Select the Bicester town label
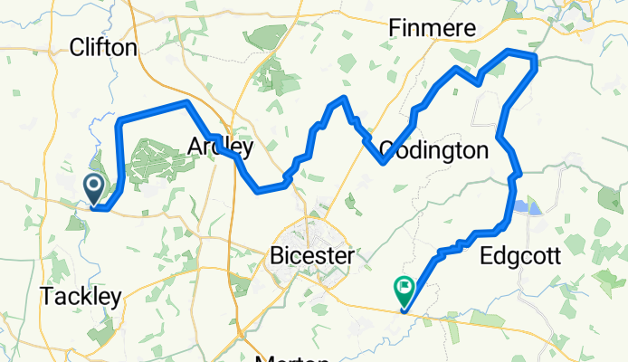pyautogui.click(x=311, y=257)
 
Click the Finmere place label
pyautogui.click(x=432, y=29)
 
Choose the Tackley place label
pyautogui.click(x=81, y=297)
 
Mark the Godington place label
pyautogui.click(x=434, y=149)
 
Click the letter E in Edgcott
pyautogui.click(x=486, y=256)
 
